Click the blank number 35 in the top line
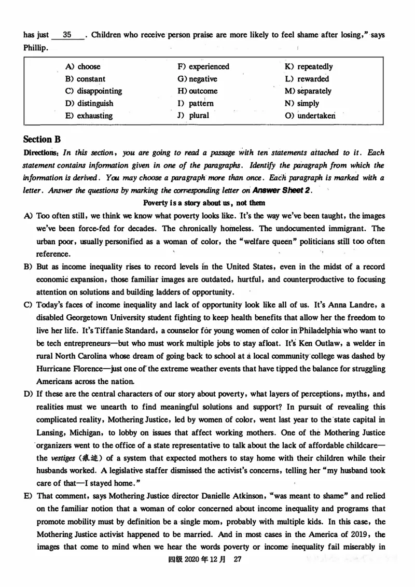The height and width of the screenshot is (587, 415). click(x=67, y=35)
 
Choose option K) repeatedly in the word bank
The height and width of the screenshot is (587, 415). click(x=309, y=66)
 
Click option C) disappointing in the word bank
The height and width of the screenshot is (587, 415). click(x=93, y=91)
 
